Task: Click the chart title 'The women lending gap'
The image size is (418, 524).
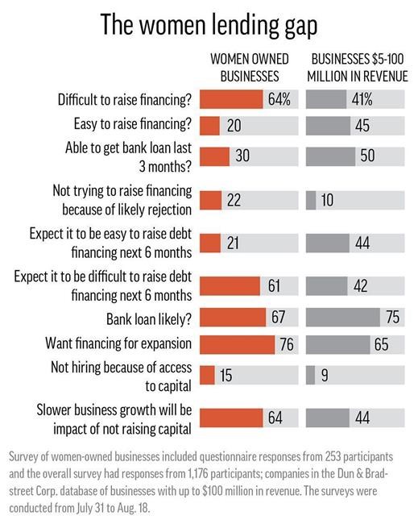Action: [x=209, y=23]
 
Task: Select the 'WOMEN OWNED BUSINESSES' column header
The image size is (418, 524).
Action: [x=244, y=68]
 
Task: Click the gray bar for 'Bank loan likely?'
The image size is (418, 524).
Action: [x=343, y=317]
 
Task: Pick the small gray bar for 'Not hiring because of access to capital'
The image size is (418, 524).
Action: [x=311, y=376]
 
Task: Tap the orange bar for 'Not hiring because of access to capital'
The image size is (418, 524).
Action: [x=206, y=376]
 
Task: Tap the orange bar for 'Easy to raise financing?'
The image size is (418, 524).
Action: [x=209, y=127]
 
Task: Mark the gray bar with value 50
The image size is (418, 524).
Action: [x=331, y=156]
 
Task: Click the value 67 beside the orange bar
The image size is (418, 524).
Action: [x=279, y=317]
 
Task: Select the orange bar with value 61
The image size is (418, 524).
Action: [x=229, y=285]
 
